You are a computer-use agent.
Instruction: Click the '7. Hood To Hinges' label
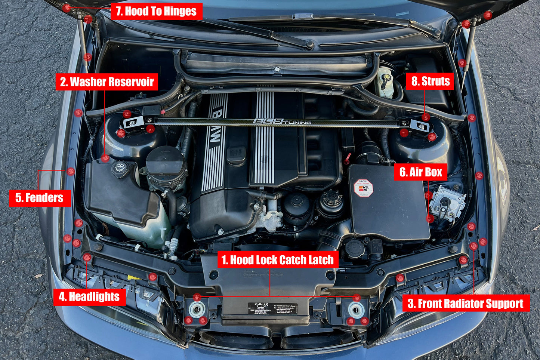click(156, 11)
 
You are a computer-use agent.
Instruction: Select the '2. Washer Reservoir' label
click(107, 82)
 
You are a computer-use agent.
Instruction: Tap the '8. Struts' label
click(430, 81)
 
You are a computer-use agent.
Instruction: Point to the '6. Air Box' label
click(421, 172)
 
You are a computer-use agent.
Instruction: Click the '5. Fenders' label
click(40, 198)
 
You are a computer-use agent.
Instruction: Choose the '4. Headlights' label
click(89, 297)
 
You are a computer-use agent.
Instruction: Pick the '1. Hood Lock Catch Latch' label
click(277, 260)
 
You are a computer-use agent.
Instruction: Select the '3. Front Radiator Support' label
click(466, 304)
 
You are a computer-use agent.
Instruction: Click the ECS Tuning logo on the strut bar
click(282, 122)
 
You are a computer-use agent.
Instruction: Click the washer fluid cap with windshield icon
click(120, 168)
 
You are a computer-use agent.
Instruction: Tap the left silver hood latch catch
click(197, 310)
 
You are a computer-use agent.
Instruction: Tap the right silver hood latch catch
click(356, 310)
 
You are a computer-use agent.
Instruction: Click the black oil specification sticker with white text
click(272, 308)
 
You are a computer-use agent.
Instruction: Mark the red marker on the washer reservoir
click(106, 158)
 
